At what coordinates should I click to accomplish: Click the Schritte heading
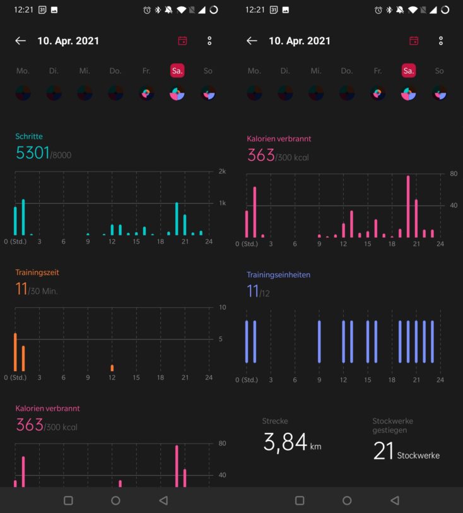click(x=29, y=136)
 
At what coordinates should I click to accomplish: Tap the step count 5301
click(x=32, y=153)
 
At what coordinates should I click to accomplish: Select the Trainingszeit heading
click(x=37, y=272)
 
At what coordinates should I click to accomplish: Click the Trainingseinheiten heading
click(x=278, y=274)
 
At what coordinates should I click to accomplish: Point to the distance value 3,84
click(x=285, y=442)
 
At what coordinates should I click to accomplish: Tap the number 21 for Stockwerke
click(x=384, y=451)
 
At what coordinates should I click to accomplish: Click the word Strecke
click(x=275, y=421)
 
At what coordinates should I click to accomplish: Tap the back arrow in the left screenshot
click(x=21, y=40)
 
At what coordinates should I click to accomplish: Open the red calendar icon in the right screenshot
click(x=414, y=40)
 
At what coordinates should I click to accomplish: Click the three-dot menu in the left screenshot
click(x=209, y=40)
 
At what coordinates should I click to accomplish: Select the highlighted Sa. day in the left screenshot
click(x=177, y=71)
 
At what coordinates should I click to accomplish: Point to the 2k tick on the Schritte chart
click(x=222, y=171)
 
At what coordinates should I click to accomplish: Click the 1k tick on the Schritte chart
click(x=222, y=203)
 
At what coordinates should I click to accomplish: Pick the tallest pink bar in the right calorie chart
click(x=408, y=206)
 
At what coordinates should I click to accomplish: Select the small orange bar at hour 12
click(x=112, y=368)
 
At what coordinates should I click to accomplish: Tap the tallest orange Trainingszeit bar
click(x=15, y=352)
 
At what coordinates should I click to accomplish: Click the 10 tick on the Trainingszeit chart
click(x=222, y=307)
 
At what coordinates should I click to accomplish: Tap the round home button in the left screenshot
click(x=116, y=500)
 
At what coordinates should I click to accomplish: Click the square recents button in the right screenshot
click(x=300, y=500)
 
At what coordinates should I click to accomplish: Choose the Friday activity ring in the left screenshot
click(x=146, y=93)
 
